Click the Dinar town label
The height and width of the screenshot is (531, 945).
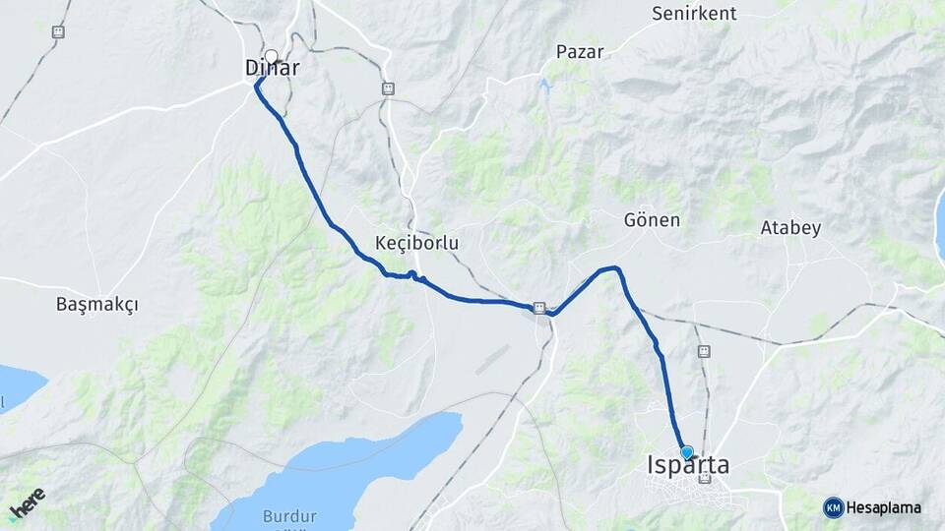(272, 69)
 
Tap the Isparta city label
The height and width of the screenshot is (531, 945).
(688, 465)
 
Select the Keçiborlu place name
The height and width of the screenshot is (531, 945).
(417, 242)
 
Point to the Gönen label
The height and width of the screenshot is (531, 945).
(652, 219)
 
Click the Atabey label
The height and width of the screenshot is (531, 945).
(790, 228)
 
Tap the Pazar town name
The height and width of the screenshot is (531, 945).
(580, 51)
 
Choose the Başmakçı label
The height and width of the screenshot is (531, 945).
(97, 305)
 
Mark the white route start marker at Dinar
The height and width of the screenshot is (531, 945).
(272, 56)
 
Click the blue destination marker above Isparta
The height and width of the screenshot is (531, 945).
(687, 451)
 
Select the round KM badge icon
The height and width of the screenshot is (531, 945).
(833, 507)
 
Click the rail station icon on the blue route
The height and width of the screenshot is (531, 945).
(539, 308)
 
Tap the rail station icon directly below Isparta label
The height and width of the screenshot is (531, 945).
(705, 479)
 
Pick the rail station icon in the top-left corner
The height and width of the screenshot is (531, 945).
(58, 32)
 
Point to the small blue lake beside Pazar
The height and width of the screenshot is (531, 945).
(543, 87)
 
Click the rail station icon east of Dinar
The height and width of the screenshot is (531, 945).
(388, 88)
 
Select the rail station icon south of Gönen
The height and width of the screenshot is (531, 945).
(703, 351)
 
